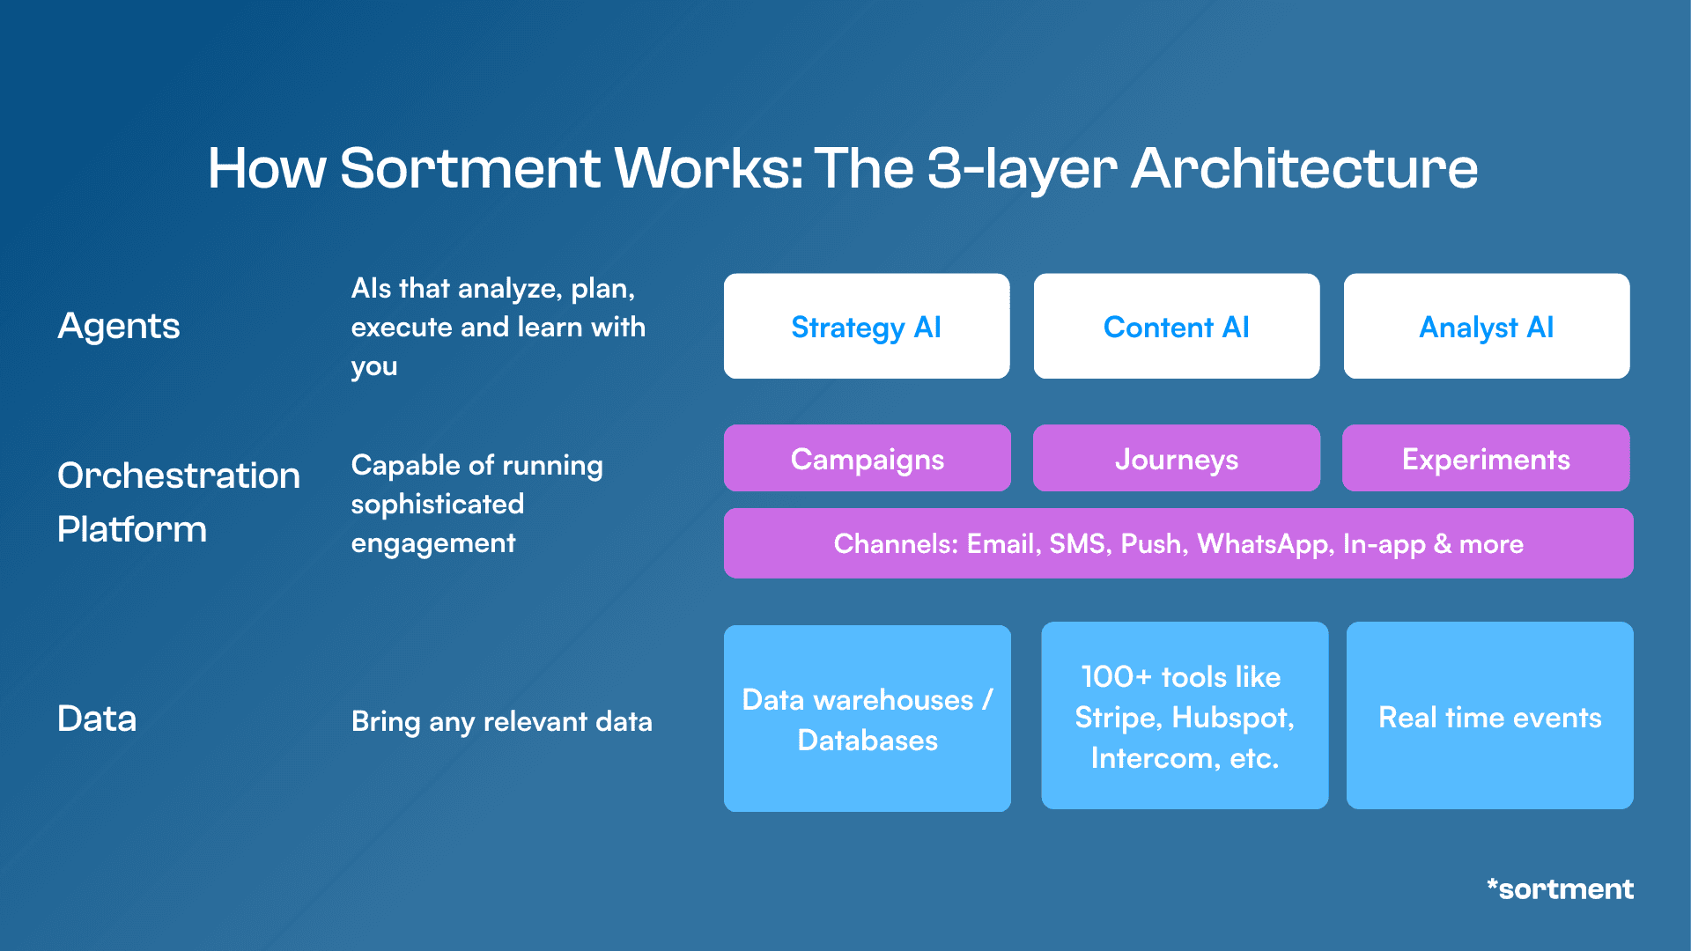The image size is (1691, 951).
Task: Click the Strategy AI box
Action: coord(867,327)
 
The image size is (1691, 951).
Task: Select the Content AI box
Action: coord(1177,327)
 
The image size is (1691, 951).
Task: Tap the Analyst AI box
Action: coord(1487,327)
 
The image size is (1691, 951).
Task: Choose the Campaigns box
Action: coord(867,459)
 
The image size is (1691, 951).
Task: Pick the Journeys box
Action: coord(1177,459)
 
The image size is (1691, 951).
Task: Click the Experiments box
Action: coord(1486,459)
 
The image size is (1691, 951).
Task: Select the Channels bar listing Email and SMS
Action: coord(1178,543)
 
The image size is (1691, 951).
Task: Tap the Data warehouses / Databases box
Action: coord(867,719)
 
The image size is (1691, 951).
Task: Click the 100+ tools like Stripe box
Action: coord(1185,716)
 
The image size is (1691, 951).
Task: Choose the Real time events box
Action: coord(1490,716)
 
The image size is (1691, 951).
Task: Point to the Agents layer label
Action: coord(119,327)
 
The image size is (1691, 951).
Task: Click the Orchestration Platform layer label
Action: coord(178,502)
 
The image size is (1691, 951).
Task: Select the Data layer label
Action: coord(97,719)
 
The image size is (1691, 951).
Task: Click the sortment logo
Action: coord(1560,888)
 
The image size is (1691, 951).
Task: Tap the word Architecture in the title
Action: coord(1304,168)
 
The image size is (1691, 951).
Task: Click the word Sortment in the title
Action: coord(470,168)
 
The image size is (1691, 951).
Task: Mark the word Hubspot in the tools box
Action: coord(1233,718)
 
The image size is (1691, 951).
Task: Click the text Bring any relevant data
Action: coord(502,721)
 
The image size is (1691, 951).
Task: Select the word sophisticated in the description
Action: coord(438,504)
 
